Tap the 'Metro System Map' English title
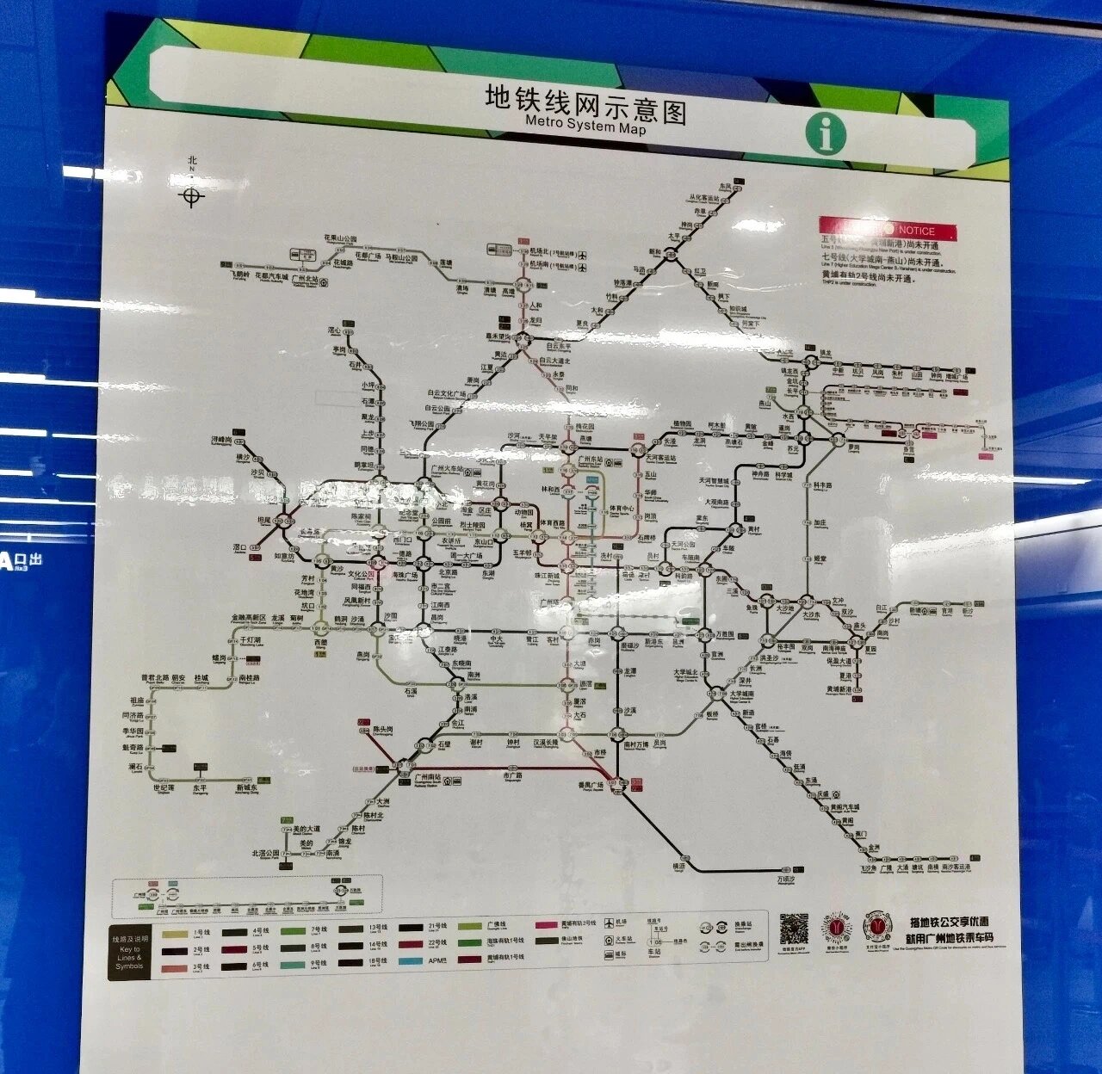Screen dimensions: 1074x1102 point(585,125)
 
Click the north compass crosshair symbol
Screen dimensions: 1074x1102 point(192,197)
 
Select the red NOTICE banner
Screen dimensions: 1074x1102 point(888,230)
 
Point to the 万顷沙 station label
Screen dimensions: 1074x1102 point(786,880)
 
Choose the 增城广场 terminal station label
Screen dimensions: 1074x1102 point(957,375)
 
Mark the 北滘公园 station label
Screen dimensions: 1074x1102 point(266,853)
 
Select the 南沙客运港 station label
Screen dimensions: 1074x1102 point(955,867)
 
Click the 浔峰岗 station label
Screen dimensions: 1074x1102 point(222,440)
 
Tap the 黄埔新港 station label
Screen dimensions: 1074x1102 point(839,689)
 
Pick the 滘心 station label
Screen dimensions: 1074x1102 point(335,330)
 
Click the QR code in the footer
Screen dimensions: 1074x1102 point(794,929)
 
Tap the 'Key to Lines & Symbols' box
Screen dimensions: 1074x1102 point(130,953)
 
